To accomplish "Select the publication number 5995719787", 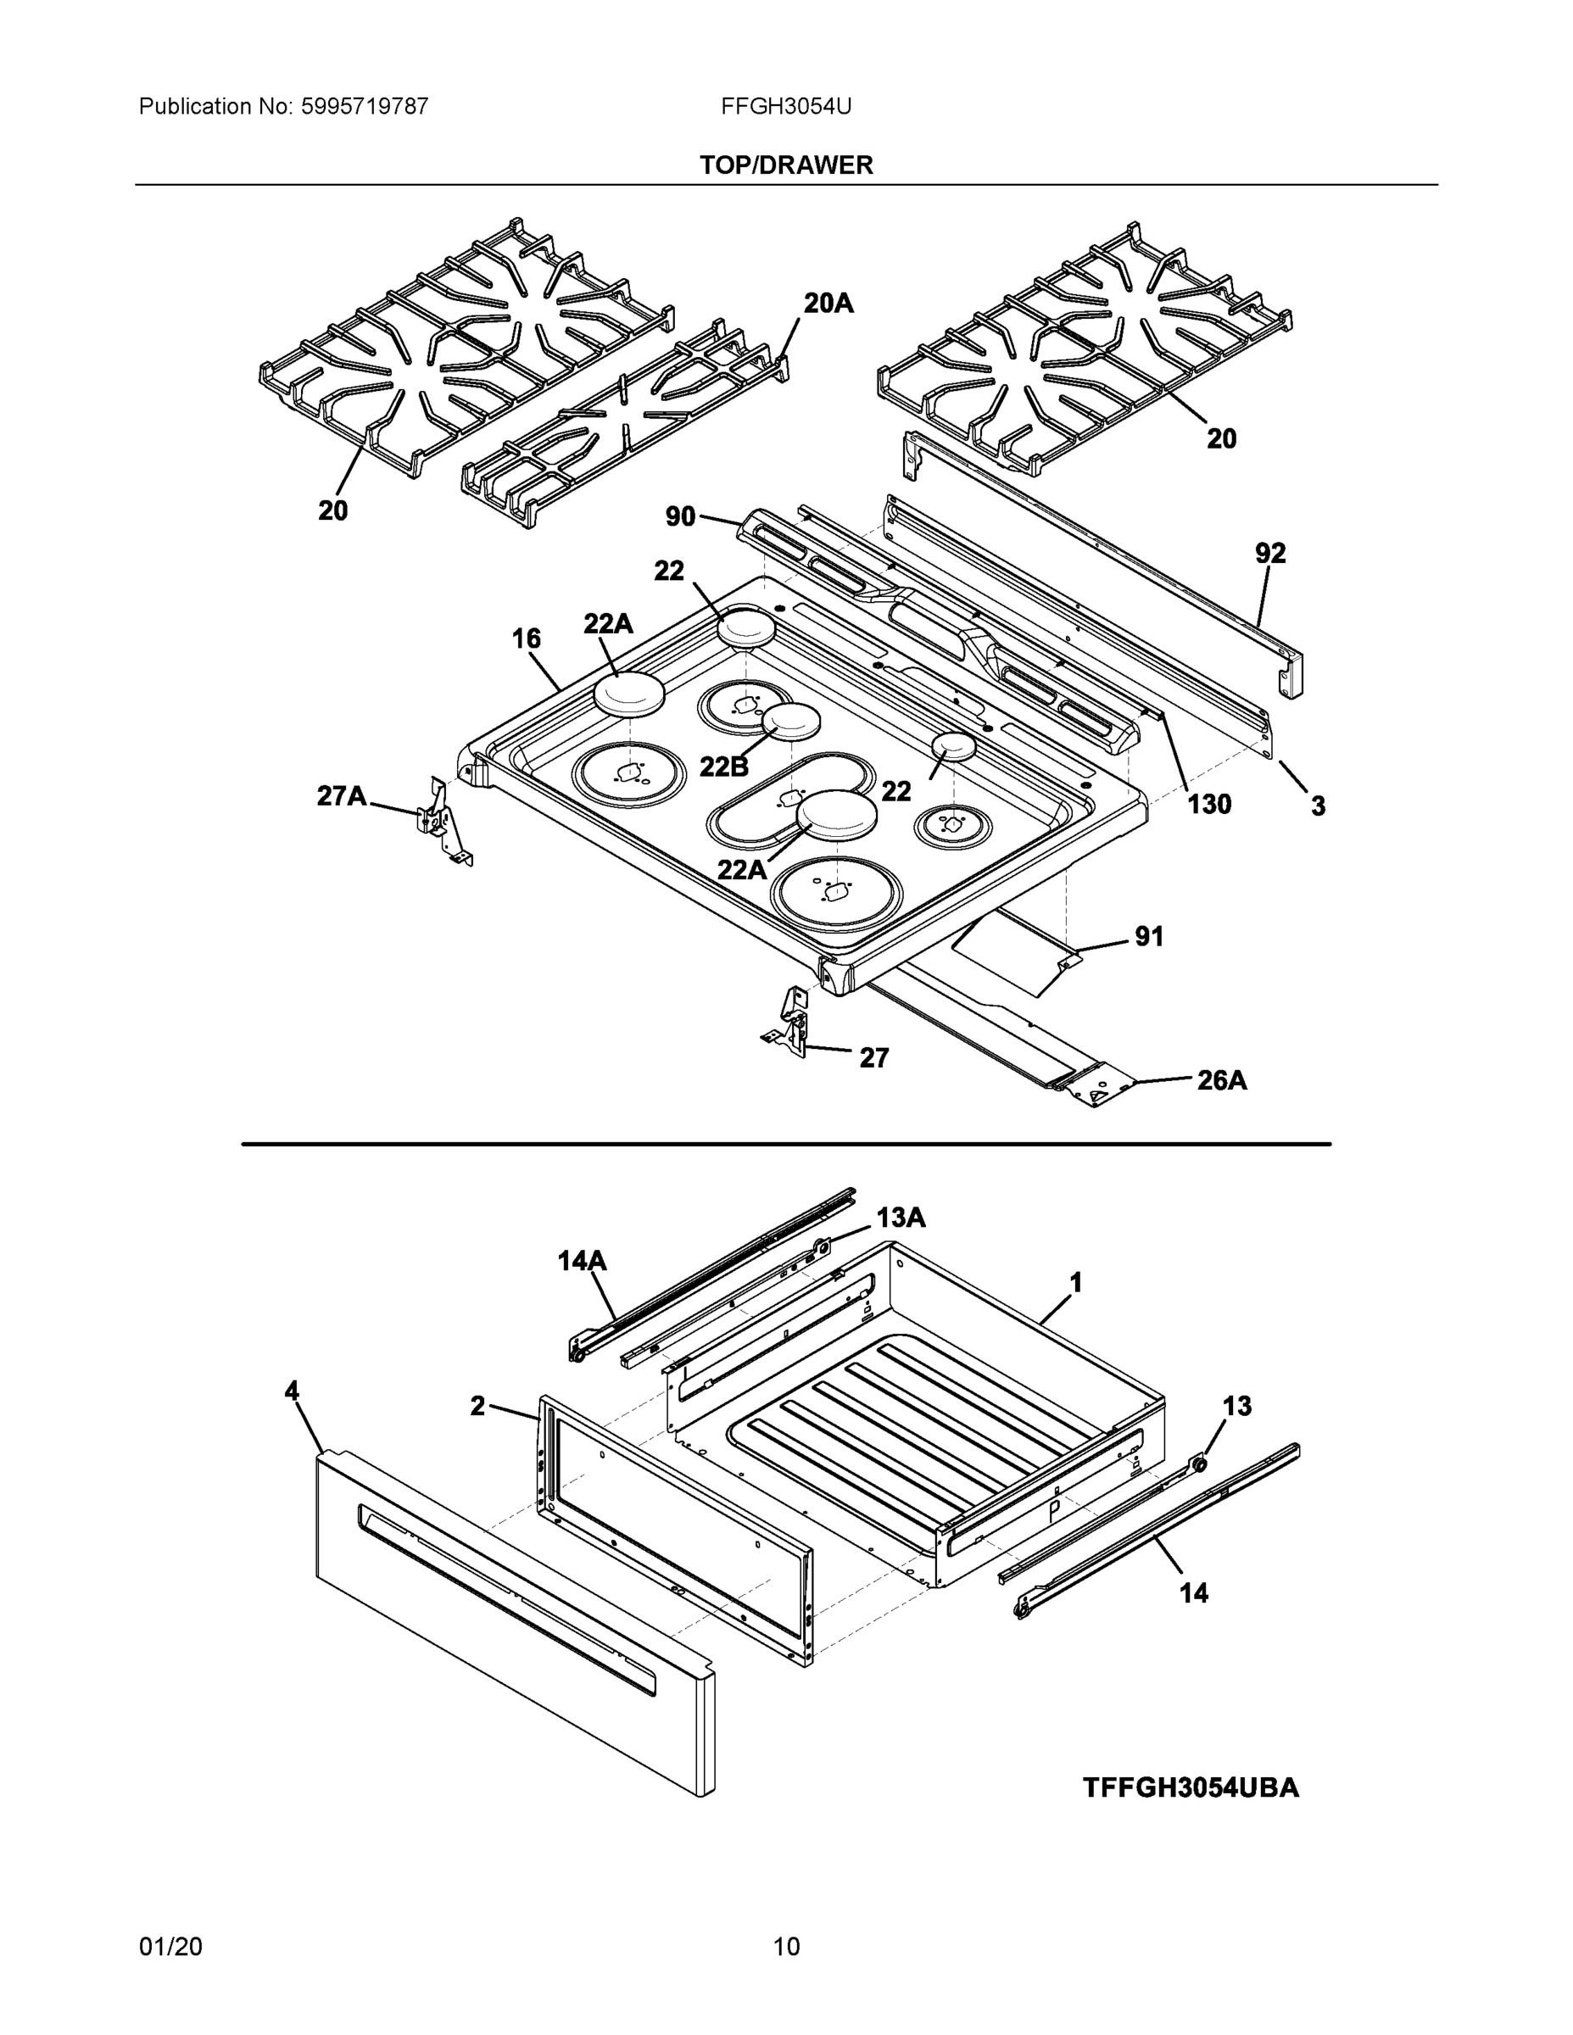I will (x=364, y=106).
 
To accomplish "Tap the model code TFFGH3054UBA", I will (x=1190, y=1787).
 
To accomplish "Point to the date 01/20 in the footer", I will (x=170, y=1947).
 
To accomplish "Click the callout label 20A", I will (x=828, y=303).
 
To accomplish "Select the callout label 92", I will (x=1269, y=554).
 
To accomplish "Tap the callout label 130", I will (x=1208, y=803).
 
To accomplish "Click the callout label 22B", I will (x=723, y=766).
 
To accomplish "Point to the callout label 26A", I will (x=1221, y=1080).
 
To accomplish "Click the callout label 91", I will (x=1148, y=936).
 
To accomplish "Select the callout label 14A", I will (x=582, y=1262).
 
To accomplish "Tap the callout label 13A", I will (x=901, y=1217).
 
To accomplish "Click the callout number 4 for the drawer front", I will (x=292, y=1391).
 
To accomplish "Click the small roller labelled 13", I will (x=1199, y=1464).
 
